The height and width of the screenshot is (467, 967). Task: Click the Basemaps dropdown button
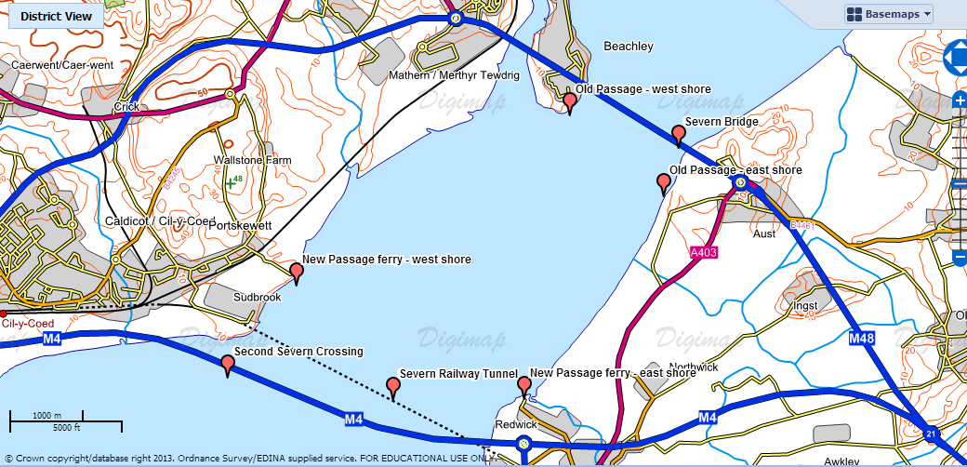pos(888,14)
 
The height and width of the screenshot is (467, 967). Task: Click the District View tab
pos(56,16)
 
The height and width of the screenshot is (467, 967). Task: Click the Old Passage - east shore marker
pos(664,183)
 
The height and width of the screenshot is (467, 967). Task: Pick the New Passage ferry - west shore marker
pos(297,273)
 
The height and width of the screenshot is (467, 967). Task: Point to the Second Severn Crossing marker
pos(228,366)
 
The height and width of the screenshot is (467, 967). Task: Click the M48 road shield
pos(861,340)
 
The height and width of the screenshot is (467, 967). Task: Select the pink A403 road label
pos(704,251)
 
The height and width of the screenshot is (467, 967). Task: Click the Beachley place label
pos(629,47)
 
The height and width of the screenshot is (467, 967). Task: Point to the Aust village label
pos(764,233)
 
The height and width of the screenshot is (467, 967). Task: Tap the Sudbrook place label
pos(257,298)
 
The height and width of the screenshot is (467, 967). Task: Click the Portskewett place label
pos(240,226)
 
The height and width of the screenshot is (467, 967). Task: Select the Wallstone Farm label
pos(252,161)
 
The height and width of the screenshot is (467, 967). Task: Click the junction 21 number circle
pos(931,434)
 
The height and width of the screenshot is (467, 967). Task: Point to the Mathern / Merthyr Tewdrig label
pos(442,75)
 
